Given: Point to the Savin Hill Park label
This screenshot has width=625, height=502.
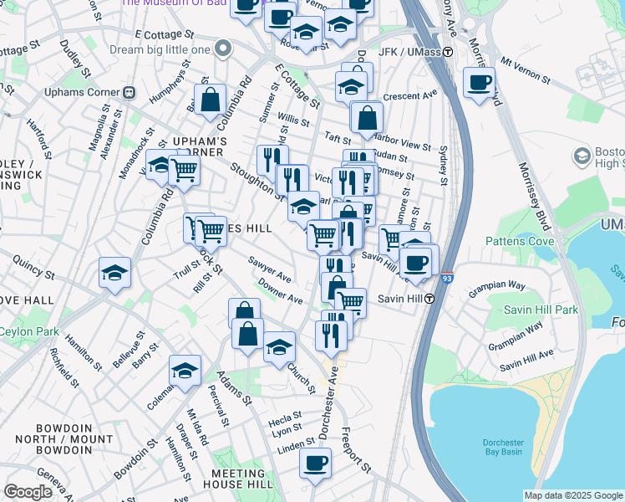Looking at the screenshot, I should click(541, 310).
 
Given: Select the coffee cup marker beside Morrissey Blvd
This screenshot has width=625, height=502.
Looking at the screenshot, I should click(479, 83).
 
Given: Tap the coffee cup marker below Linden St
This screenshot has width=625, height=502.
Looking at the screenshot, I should click(315, 463).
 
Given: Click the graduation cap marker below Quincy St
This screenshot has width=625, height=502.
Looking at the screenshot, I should click(114, 273).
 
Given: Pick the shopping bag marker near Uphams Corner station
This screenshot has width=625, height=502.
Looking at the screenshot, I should click(211, 100).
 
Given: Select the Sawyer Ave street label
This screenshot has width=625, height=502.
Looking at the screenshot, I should click(270, 269).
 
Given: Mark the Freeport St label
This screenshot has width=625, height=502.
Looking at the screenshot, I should click(356, 449).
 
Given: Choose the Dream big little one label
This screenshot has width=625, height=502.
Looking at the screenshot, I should click(160, 49).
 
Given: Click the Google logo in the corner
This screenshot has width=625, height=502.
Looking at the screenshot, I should click(28, 492).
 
